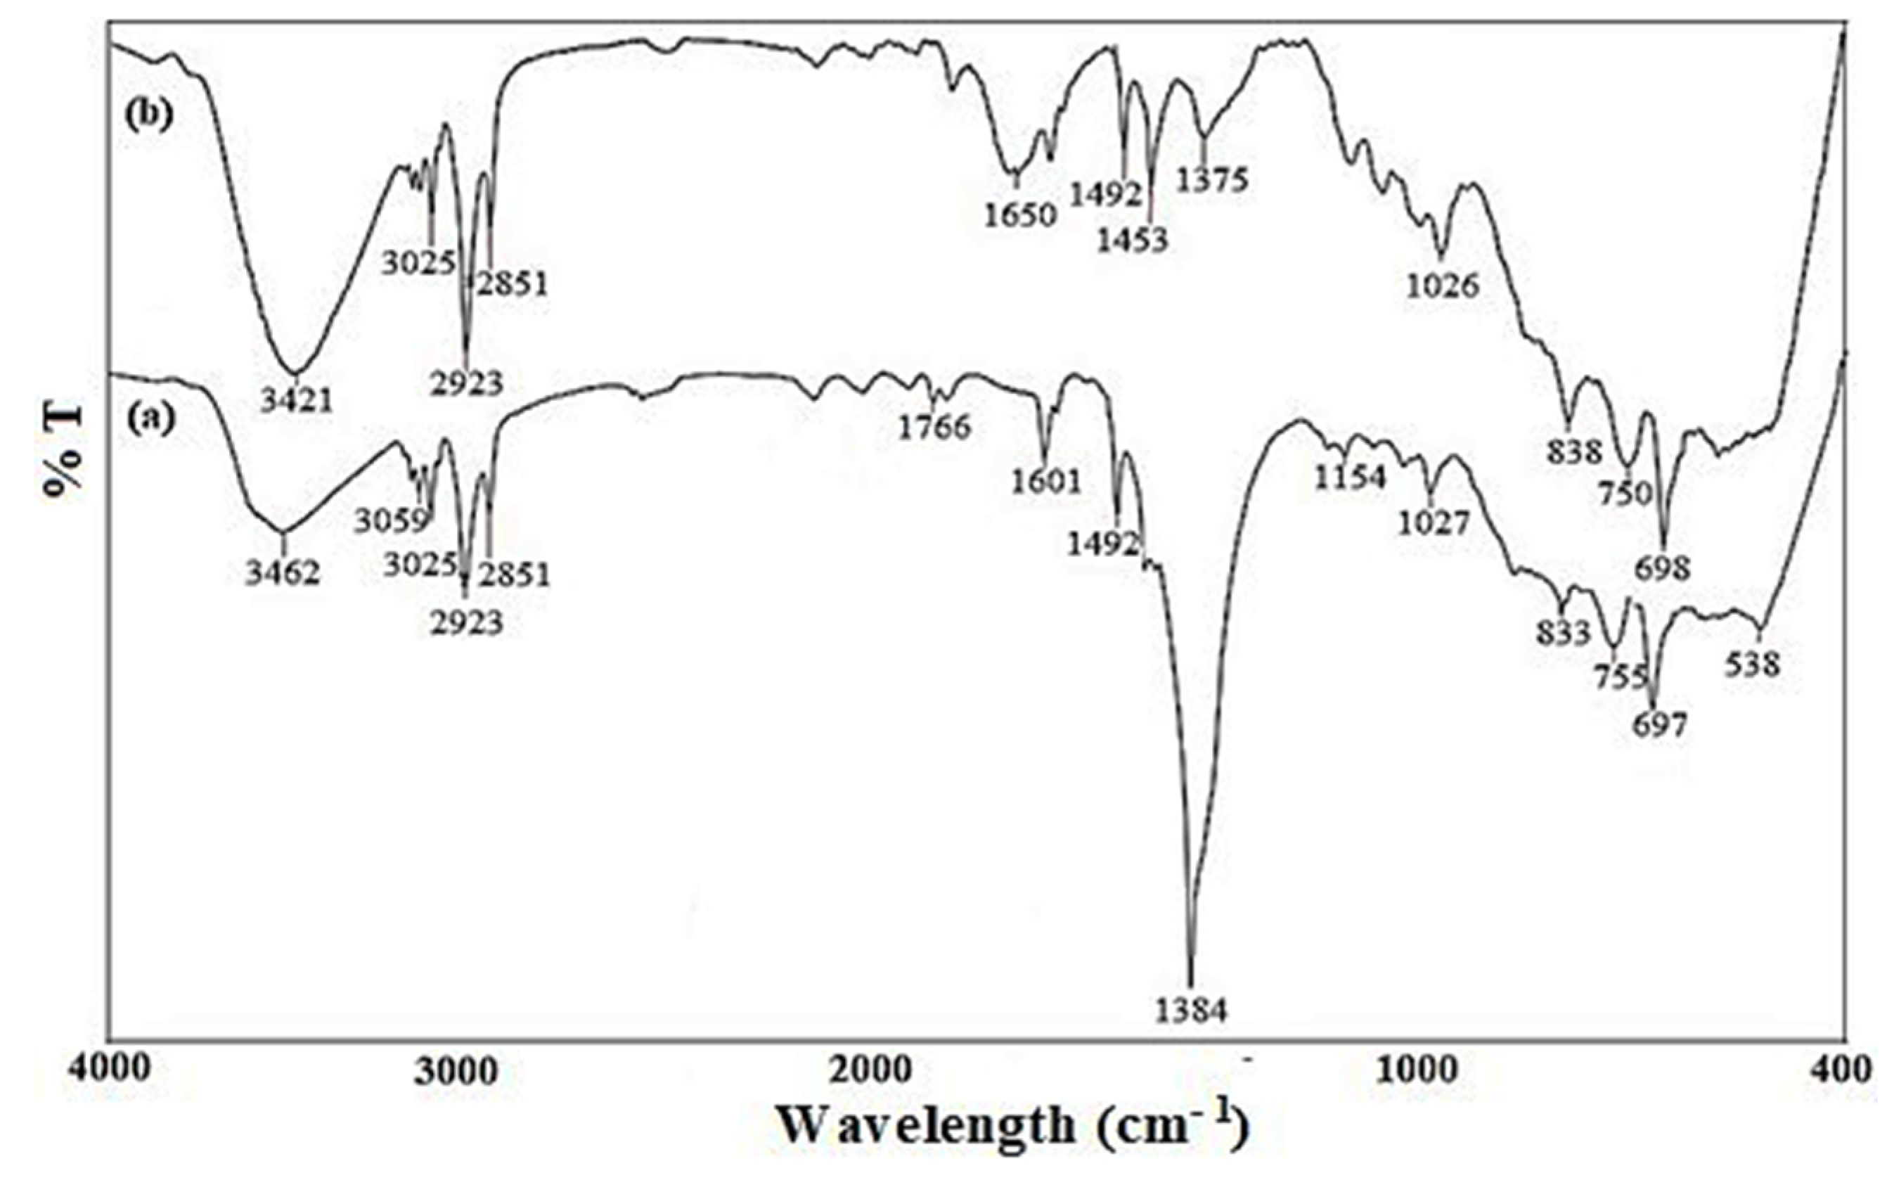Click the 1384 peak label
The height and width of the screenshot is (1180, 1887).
[x=1190, y=1011]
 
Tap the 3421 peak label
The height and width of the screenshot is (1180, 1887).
[x=297, y=401]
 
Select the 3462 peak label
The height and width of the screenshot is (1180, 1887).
[x=283, y=575]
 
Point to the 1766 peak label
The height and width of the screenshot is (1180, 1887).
[x=934, y=428]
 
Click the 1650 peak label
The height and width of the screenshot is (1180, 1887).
[x=1019, y=215]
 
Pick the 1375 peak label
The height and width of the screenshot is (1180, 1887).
[x=1212, y=180]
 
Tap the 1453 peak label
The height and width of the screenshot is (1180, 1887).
[x=1132, y=241]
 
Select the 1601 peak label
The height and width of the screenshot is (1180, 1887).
[x=1047, y=482]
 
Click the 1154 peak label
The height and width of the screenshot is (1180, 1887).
[x=1350, y=477]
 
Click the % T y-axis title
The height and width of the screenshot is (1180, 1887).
[x=63, y=452]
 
